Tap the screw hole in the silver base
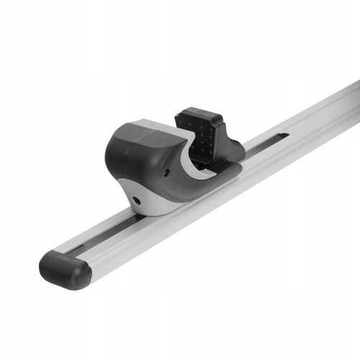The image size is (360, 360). pyautogui.click(x=137, y=199)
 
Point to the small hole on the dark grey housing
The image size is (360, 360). pyautogui.click(x=166, y=174)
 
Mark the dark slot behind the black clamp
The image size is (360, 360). pyautogui.click(x=266, y=142)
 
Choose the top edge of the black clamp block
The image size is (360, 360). pyautogui.click(x=194, y=112)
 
